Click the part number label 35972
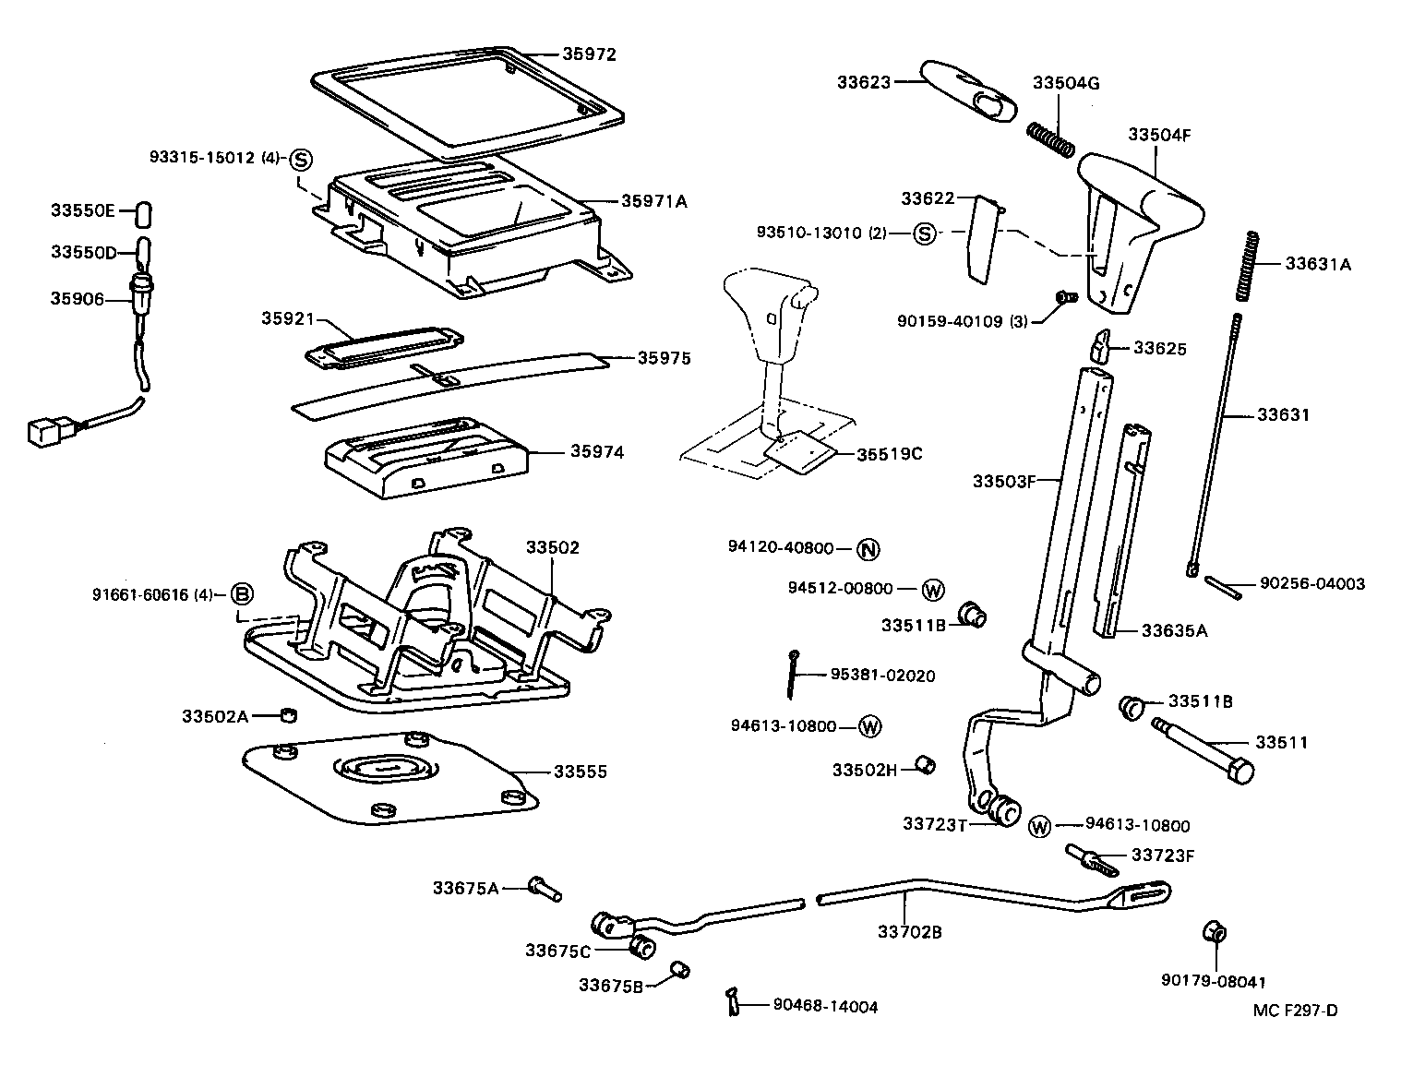589,54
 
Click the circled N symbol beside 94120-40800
868,549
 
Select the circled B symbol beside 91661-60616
241,593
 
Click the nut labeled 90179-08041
1214,933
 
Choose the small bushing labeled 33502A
288,714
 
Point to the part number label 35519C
889,453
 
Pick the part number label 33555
580,772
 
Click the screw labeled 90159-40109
1066,297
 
